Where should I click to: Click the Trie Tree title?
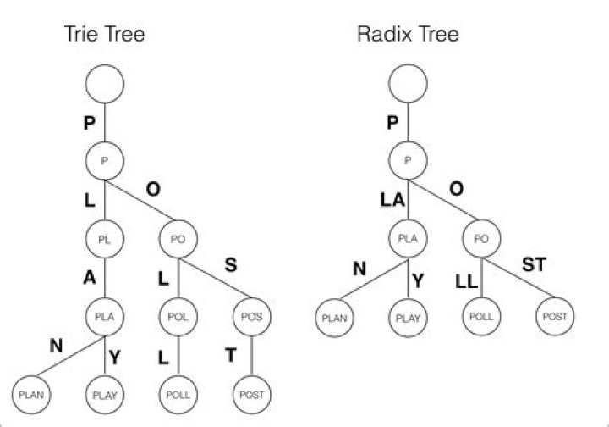104,35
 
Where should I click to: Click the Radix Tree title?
408,35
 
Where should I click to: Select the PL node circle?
104,239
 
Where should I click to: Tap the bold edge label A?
88,279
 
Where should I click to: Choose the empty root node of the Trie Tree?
104,84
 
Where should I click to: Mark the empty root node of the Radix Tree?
408,84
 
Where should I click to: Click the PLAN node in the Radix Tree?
334,318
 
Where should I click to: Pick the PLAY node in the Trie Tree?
104,395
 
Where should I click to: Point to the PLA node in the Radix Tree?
408,239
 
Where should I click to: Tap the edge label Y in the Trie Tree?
117,358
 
